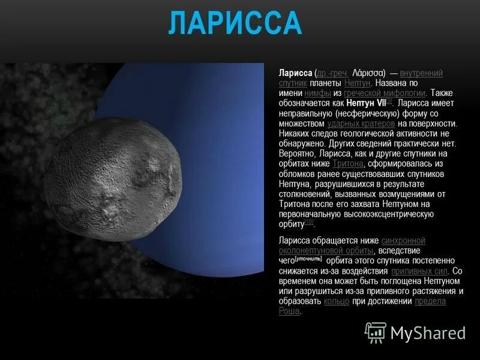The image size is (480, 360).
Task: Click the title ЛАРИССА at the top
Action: (x=235, y=23)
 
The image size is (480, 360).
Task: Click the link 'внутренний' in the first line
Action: (x=421, y=73)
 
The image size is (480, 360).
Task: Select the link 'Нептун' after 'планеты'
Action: (x=357, y=83)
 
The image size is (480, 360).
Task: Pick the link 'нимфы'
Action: (x=318, y=93)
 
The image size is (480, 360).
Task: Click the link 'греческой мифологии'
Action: (x=385, y=93)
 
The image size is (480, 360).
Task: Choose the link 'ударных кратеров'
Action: (x=361, y=124)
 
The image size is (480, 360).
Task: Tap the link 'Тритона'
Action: (x=348, y=163)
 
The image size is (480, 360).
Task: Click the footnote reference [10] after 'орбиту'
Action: (x=309, y=222)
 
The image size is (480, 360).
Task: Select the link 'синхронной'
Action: (x=403, y=241)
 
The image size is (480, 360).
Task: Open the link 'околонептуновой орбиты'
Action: (x=326, y=251)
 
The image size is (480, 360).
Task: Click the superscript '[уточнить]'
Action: (x=308, y=259)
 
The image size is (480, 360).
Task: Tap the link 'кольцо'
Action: (x=336, y=301)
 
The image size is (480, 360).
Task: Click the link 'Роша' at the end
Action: (x=289, y=311)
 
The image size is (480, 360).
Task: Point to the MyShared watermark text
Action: (x=428, y=333)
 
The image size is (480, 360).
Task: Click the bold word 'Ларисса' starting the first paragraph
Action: (x=295, y=73)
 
